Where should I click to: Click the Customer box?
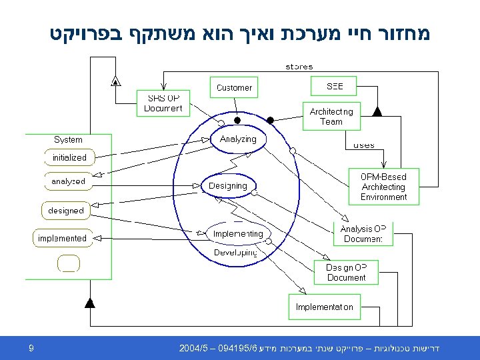pos(234,87)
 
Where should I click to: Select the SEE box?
pos(335,87)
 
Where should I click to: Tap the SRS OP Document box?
pos(163,103)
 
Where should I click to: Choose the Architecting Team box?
pos(331,117)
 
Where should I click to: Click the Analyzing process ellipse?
pos(238,139)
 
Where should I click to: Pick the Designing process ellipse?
pos(228,186)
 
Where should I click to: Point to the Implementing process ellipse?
pos(238,234)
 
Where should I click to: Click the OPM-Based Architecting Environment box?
pos(383,187)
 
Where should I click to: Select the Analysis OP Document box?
pos(363,233)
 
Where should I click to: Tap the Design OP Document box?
pos(346,272)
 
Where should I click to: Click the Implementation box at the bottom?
pos(325,307)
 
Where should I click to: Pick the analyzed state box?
pos(69,181)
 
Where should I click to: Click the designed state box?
pos(66,211)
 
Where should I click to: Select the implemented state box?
pos(62,238)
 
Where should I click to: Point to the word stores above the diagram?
pos(299,67)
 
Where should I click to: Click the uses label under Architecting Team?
pos(363,145)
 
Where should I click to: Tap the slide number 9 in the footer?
pos(32,348)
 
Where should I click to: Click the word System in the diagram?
pos(68,140)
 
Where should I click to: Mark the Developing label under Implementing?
pos(235,253)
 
